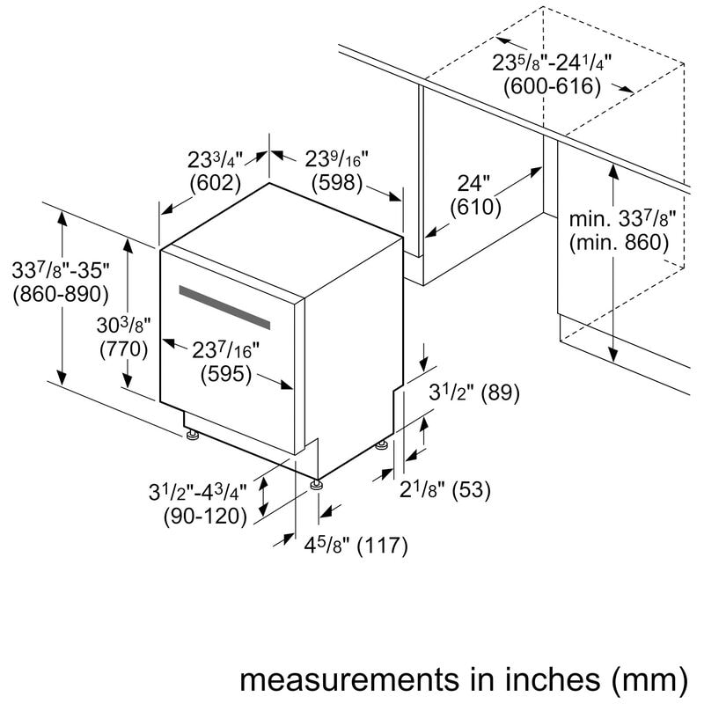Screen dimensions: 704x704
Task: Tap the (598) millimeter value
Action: tap(336, 183)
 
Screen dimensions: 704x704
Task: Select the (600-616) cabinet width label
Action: tap(552, 86)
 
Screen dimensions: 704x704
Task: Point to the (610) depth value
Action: tap(474, 208)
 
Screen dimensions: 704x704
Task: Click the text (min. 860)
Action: tap(619, 242)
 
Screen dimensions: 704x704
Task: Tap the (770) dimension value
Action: tap(123, 348)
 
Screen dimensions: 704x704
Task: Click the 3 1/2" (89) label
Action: tap(473, 394)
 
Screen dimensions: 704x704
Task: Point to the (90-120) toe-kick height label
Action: tap(205, 517)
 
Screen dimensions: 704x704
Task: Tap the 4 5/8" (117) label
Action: tap(356, 546)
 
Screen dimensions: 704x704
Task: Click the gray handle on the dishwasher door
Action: tap(224, 304)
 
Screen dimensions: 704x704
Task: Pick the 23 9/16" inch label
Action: tap(336, 160)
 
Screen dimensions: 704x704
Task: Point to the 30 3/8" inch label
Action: tap(123, 326)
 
